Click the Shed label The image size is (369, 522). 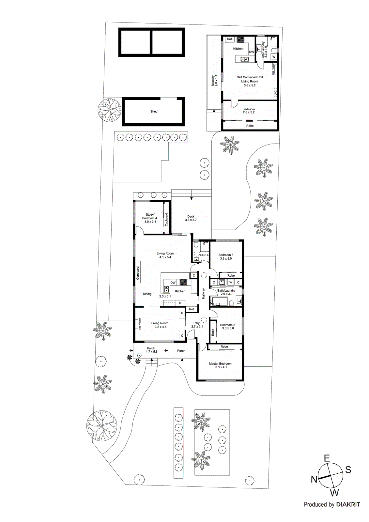click(x=154, y=112)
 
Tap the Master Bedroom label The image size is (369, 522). click(x=220, y=364)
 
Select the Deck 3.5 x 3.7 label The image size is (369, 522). click(x=191, y=218)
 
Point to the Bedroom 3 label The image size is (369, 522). click(x=226, y=255)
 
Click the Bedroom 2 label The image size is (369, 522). click(x=227, y=325)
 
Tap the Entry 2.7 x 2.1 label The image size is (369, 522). click(x=196, y=325)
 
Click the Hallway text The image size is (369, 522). click(x=204, y=294)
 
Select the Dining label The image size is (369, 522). click(x=147, y=294)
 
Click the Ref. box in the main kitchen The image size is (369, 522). click(x=192, y=309)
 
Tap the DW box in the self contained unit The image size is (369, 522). click(x=252, y=52)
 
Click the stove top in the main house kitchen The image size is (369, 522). click(x=183, y=283)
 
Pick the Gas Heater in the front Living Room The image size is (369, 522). click(x=139, y=324)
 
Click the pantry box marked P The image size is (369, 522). click(x=180, y=303)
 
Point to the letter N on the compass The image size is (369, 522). click(x=314, y=479)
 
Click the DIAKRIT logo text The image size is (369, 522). click(x=348, y=505)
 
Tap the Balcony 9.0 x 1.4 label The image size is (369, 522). click(x=214, y=80)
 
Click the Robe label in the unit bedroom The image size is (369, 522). click(x=250, y=126)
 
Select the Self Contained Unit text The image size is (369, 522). click(x=250, y=77)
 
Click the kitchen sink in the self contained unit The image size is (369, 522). click(x=244, y=59)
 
